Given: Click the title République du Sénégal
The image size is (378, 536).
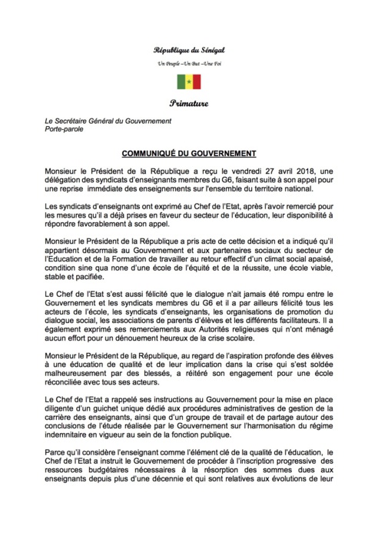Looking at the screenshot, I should tap(189, 50).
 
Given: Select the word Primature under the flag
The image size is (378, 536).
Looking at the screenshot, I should tap(189, 102).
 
